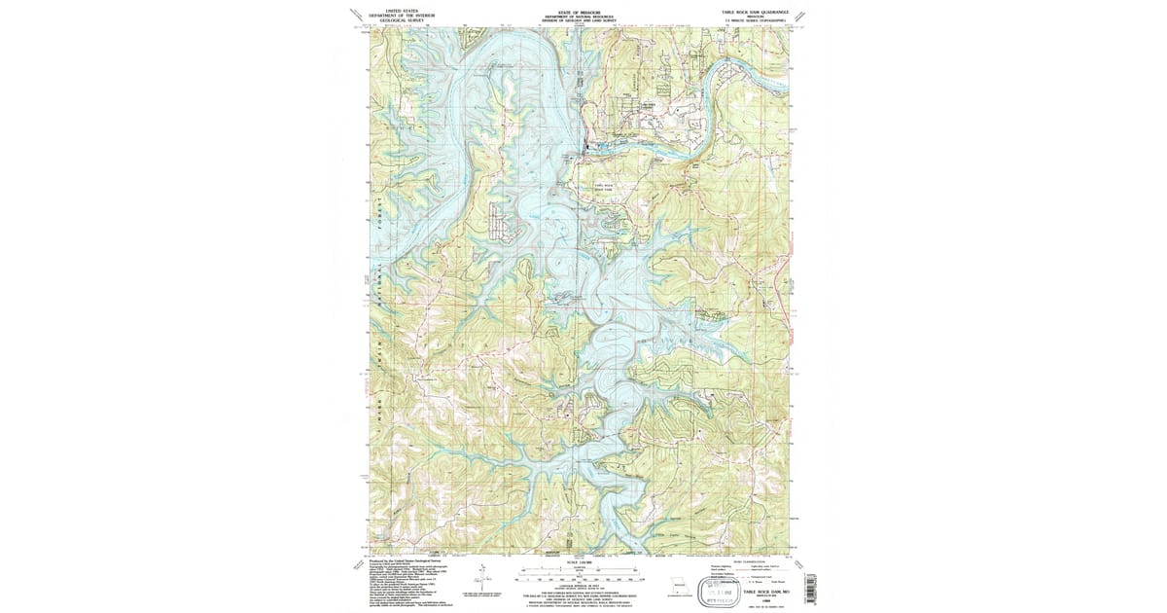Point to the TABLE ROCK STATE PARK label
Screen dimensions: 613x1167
604,187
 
